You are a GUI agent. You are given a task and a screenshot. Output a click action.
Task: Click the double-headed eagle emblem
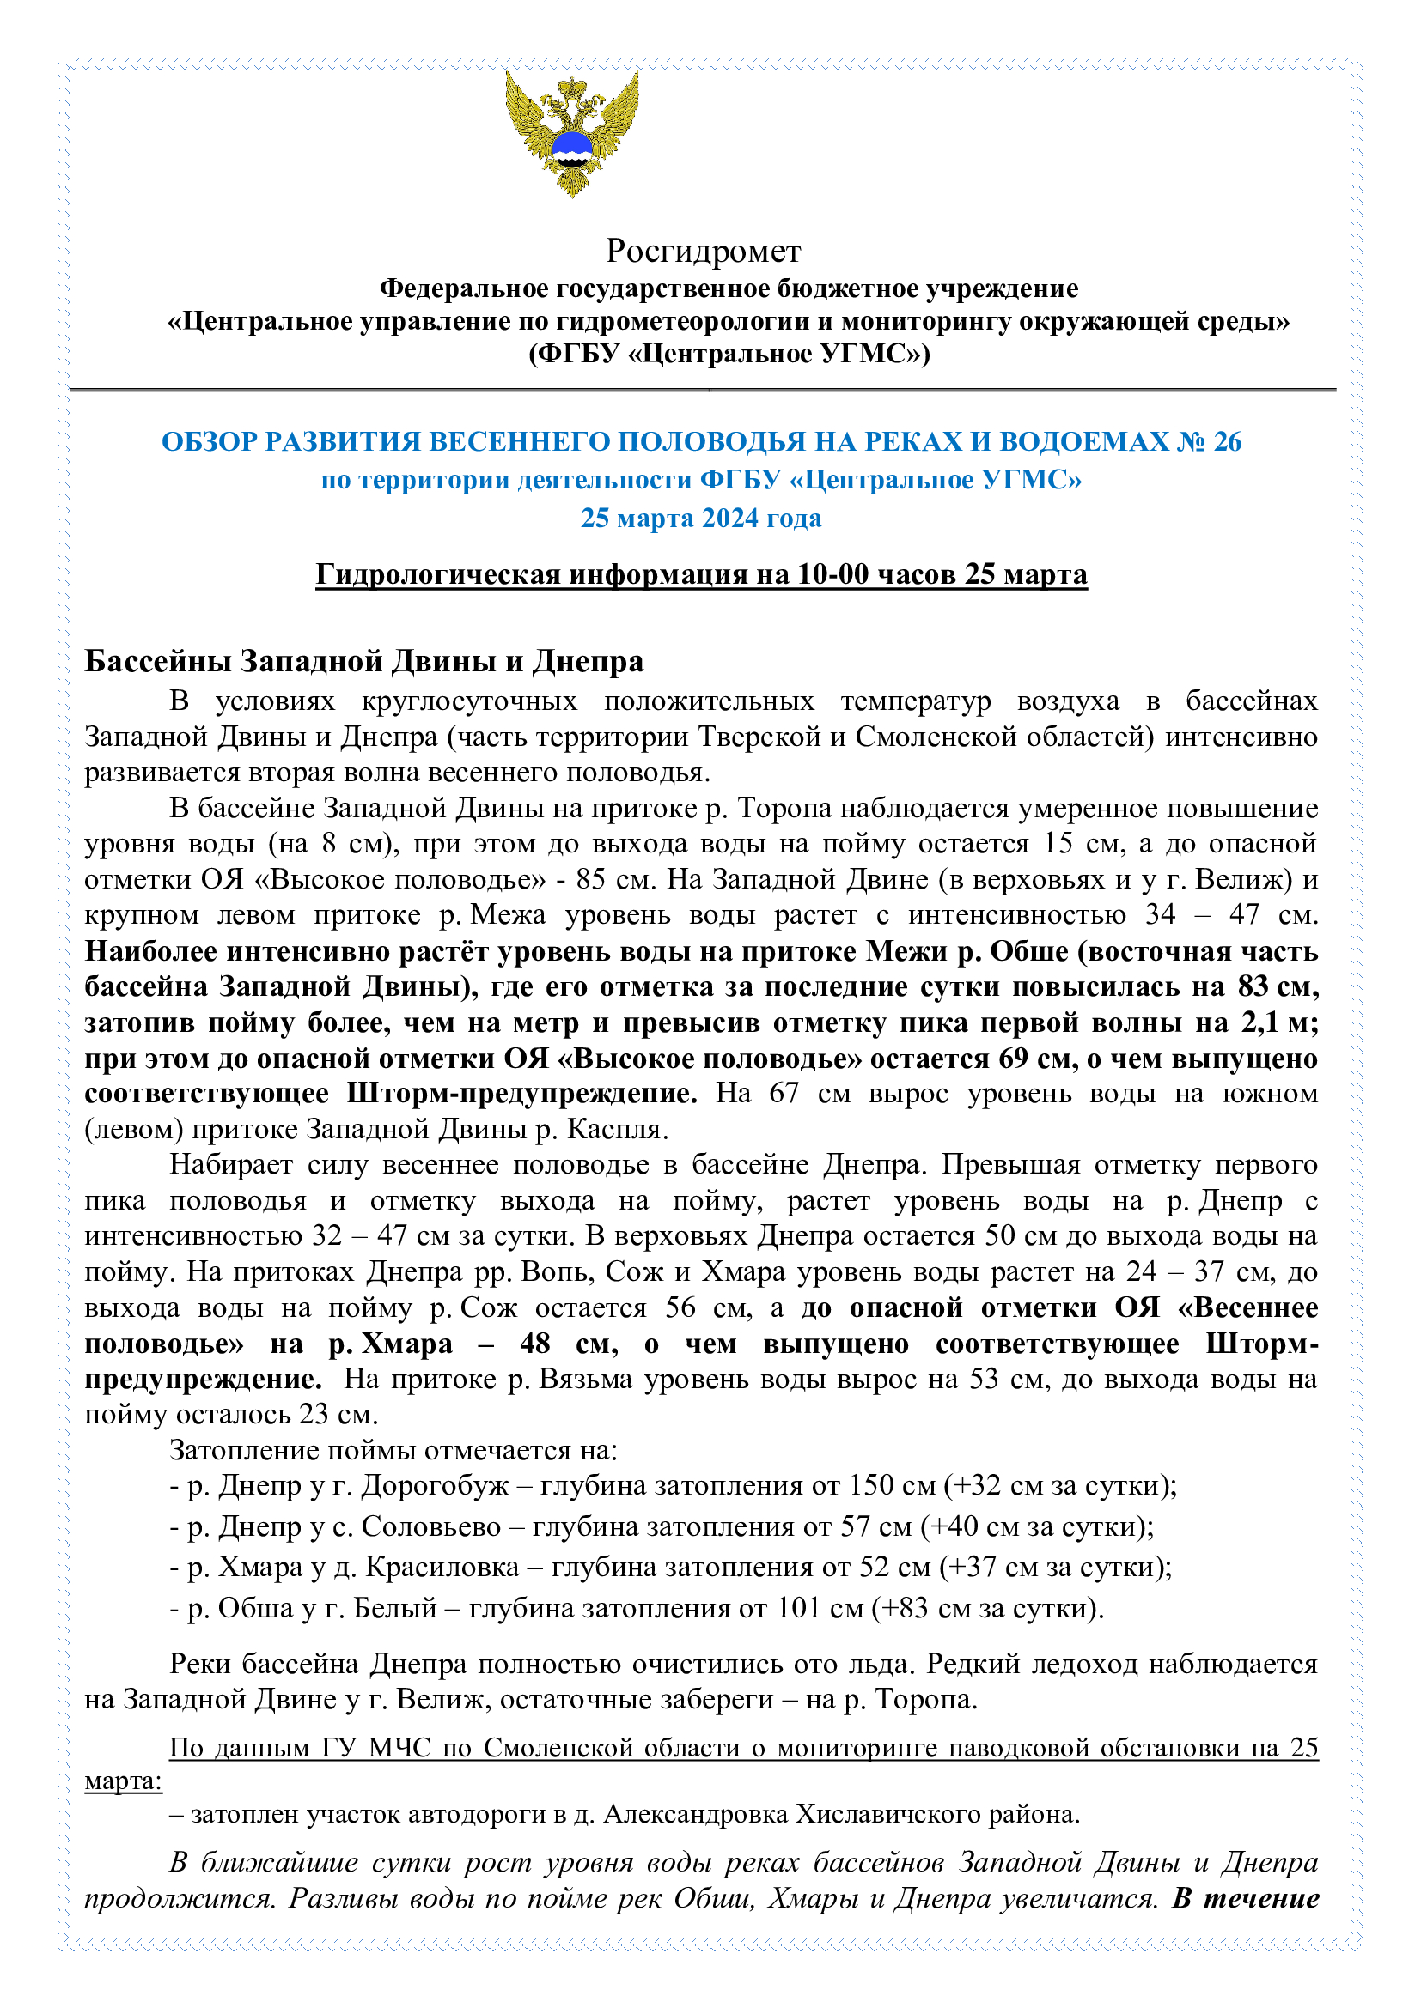point(571,133)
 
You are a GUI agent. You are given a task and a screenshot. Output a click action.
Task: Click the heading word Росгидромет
point(703,251)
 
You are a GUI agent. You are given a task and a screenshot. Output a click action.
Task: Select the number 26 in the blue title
point(1227,441)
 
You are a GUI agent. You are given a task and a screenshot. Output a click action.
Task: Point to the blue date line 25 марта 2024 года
point(701,518)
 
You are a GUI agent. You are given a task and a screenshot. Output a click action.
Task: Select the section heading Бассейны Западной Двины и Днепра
point(363,661)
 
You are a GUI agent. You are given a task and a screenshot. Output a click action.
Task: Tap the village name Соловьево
point(430,1526)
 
